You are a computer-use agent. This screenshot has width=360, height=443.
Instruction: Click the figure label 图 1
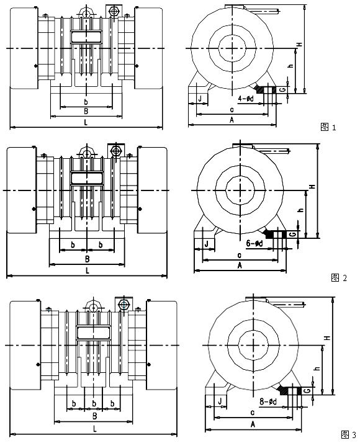pos(328,127)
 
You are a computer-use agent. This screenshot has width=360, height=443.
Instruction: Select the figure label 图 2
pos(338,278)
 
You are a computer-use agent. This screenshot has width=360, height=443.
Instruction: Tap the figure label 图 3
pos(348,434)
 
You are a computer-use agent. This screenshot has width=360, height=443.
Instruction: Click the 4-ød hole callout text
pos(246,99)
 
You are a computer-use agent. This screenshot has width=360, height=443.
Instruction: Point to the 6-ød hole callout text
pos(254,243)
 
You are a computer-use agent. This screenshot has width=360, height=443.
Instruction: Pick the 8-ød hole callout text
pos(268,401)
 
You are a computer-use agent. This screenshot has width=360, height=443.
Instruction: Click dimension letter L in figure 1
pos(86,123)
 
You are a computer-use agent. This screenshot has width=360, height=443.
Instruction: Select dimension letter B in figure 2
pos(88,259)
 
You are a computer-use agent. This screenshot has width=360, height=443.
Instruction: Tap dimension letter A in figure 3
pos(253,424)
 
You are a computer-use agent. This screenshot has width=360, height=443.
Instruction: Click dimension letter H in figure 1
pos(300,44)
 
